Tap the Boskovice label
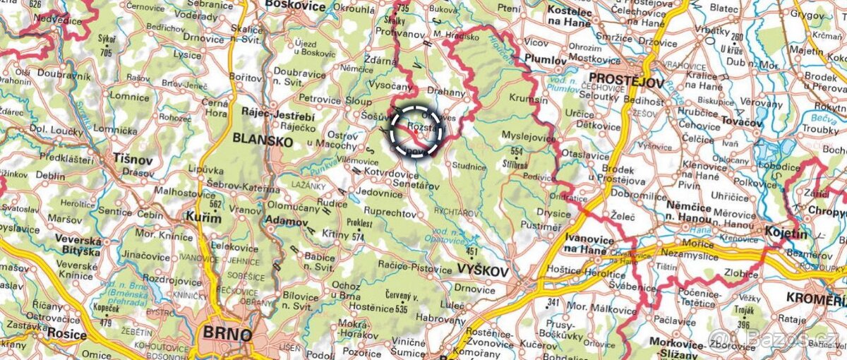(295, 6)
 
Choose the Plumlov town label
(546, 60)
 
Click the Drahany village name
(447, 92)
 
